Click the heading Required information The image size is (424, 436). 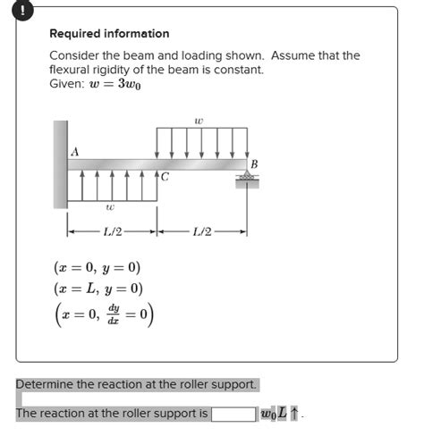109,34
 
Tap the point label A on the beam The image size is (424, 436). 75,152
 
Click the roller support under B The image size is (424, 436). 245,179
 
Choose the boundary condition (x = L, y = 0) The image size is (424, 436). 98,289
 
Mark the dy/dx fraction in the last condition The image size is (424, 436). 112,316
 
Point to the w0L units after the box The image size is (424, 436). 274,415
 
